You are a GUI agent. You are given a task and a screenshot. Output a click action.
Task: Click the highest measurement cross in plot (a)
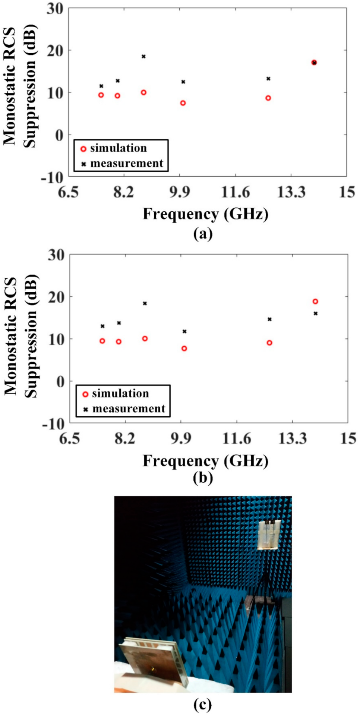click(143, 57)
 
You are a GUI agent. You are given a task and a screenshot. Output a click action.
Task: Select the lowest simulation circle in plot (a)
click(183, 103)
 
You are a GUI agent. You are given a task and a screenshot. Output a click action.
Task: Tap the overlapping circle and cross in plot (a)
click(314, 63)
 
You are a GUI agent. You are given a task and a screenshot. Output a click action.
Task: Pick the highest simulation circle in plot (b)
click(315, 302)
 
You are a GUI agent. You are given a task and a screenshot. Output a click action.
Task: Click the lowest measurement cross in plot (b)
click(184, 331)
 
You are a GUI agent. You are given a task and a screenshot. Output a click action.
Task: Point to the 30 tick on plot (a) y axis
click(55, 8)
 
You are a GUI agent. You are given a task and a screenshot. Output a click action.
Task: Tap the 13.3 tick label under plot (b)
click(293, 439)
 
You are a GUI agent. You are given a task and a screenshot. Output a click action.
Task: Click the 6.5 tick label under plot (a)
click(68, 192)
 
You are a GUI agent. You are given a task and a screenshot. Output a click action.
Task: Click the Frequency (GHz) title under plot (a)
click(205, 214)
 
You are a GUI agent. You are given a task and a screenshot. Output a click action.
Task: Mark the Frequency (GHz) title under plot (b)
click(205, 461)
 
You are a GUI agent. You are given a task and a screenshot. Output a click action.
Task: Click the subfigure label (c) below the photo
click(203, 704)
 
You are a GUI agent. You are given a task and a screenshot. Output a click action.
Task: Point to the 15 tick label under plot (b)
click(348, 439)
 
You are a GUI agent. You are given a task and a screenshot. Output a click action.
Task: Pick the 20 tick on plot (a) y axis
click(55, 50)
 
